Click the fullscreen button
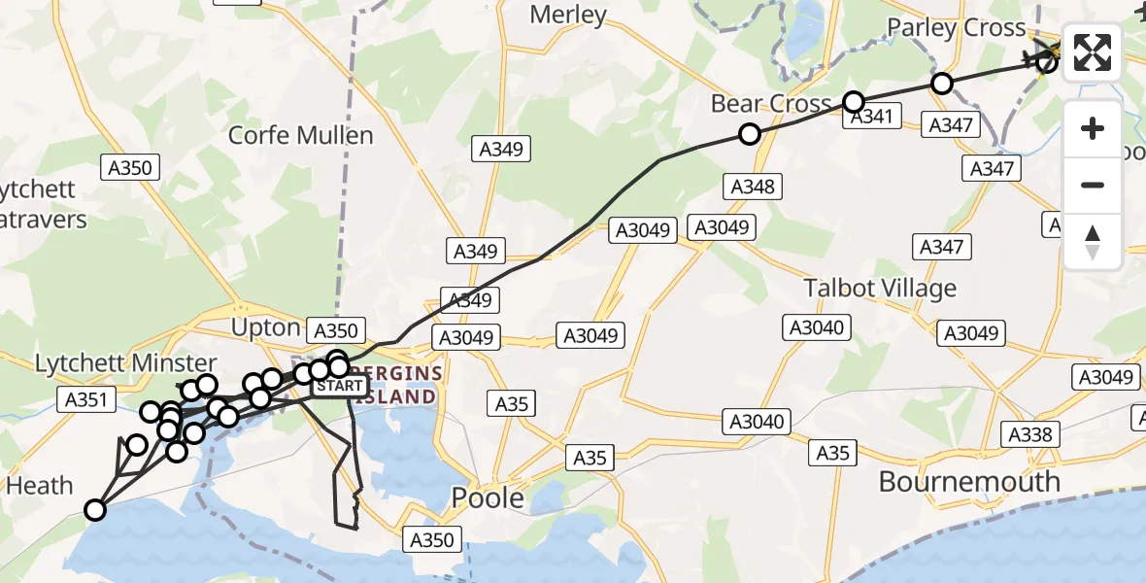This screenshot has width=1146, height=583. point(1093,52)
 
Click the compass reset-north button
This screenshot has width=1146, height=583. point(1093,242)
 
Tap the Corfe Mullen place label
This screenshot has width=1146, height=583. point(300,135)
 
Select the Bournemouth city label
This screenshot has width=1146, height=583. point(968,481)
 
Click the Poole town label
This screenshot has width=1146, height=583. point(488,498)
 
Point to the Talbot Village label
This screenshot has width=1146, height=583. point(880,289)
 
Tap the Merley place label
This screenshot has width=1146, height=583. point(569,15)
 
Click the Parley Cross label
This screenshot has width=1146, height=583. point(956,28)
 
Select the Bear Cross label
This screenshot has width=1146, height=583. point(771,104)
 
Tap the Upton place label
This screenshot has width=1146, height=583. point(265,327)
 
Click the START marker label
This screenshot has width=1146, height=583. point(340,387)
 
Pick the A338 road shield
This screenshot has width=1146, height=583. point(1030,434)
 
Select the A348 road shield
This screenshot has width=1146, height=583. point(752,186)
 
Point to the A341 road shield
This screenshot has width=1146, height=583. point(871,118)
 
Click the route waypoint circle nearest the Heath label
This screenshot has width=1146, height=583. point(95,509)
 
